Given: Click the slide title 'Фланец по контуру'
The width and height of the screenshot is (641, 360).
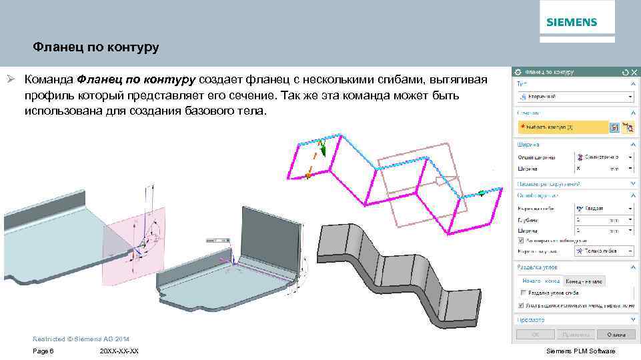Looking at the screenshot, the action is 96,48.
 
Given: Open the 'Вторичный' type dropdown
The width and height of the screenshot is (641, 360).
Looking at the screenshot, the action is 574,97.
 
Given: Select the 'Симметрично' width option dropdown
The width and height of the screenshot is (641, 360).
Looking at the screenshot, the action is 603,157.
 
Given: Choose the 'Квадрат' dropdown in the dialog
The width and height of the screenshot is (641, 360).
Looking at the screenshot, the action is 603,208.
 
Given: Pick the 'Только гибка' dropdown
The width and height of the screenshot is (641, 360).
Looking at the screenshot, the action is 603,251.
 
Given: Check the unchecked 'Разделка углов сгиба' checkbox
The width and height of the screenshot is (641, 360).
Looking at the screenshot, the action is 522,292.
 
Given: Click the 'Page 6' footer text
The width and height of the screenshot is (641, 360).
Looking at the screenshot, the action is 43,351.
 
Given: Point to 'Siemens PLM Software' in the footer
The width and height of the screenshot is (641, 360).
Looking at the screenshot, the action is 580,351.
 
